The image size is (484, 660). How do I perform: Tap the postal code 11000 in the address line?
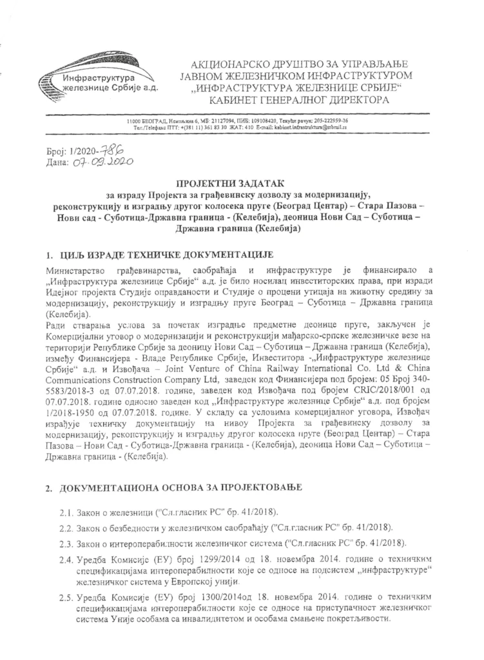(135, 121)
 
